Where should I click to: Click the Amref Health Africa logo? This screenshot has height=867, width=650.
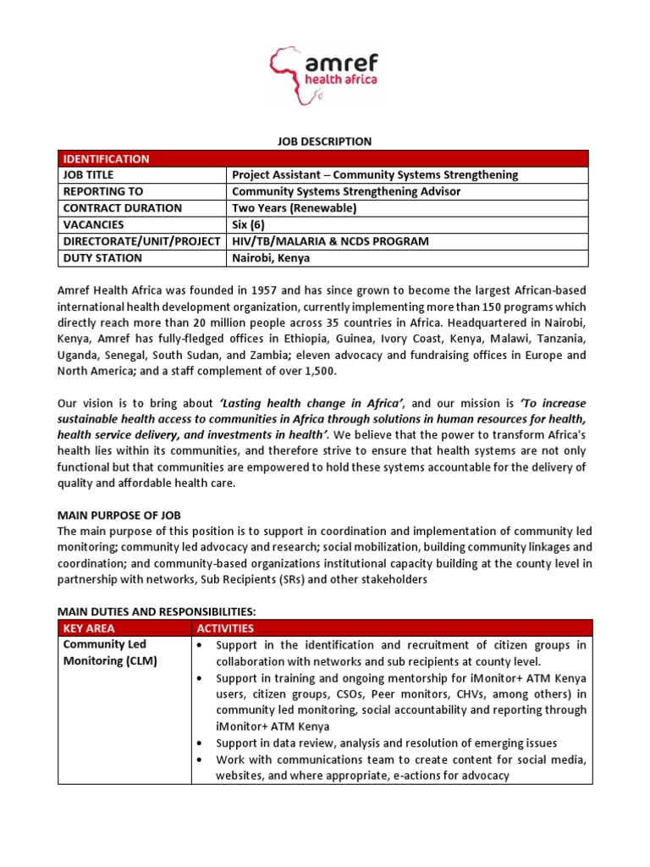pos(324,74)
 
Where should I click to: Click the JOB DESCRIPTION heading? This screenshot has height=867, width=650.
pos(324,141)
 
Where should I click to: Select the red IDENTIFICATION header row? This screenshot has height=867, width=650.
pos(324,158)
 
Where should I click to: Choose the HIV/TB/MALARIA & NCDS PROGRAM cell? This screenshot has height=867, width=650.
pos(331,241)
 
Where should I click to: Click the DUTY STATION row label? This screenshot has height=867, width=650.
pos(101,258)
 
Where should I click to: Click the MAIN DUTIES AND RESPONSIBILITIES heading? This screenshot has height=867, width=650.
pos(156,610)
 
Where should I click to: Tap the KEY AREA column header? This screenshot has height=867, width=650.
pos(89,628)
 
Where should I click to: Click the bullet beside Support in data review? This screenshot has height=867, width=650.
pos(198,743)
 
